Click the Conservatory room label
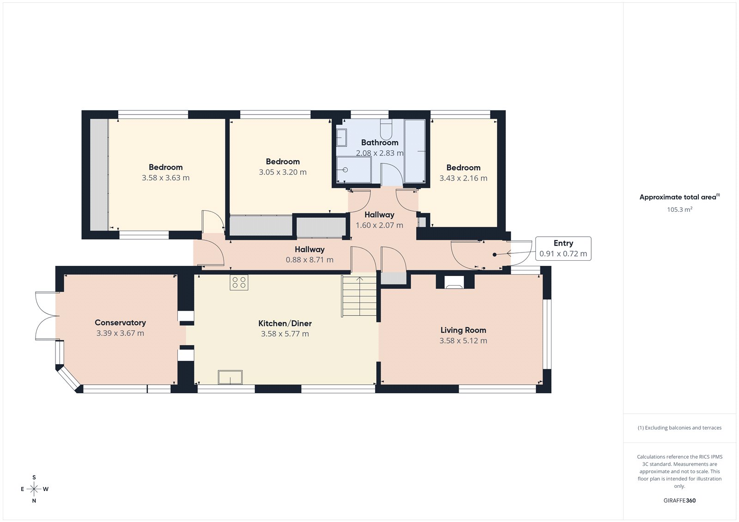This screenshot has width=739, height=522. pyautogui.click(x=120, y=323)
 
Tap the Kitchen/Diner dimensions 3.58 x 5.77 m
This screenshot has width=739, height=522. pyautogui.click(x=285, y=334)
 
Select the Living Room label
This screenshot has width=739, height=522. pyautogui.click(x=463, y=330)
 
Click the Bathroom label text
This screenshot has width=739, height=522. pyautogui.click(x=379, y=143)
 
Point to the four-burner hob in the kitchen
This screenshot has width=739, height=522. pyautogui.click(x=239, y=282)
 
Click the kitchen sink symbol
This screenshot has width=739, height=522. pyautogui.click(x=230, y=377)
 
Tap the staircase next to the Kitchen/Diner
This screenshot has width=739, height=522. pyautogui.click(x=359, y=296)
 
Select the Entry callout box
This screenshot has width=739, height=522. pyautogui.click(x=563, y=248)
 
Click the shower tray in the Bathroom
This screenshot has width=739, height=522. pyautogui.click(x=353, y=169)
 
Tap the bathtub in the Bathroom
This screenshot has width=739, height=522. pyautogui.click(x=415, y=151)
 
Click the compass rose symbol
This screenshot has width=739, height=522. pyautogui.click(x=34, y=489)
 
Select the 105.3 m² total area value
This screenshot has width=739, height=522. pyautogui.click(x=679, y=210)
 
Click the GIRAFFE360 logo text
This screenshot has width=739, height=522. pyautogui.click(x=679, y=500)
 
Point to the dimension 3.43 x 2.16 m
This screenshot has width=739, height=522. pyautogui.click(x=463, y=178)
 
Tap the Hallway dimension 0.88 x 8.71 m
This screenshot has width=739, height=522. pyautogui.click(x=309, y=260)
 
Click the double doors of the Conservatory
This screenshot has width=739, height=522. pyautogui.click(x=47, y=316)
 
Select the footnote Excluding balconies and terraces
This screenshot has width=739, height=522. pyautogui.click(x=679, y=428)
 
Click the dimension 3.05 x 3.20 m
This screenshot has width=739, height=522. pyautogui.click(x=282, y=172)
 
